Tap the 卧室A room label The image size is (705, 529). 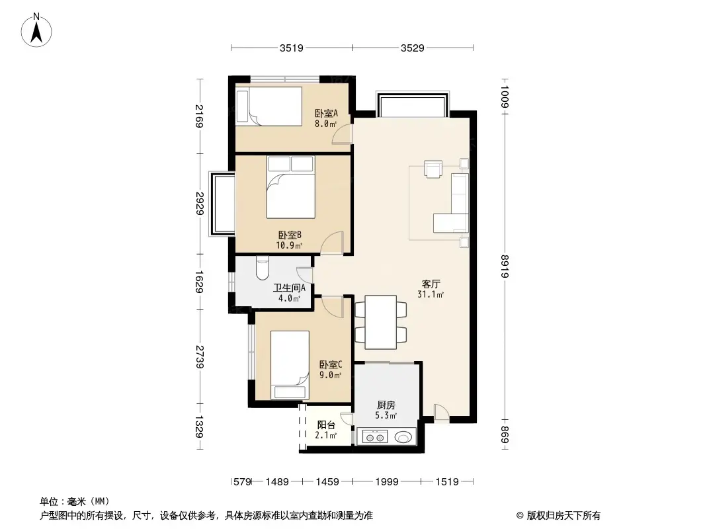tap(325, 117)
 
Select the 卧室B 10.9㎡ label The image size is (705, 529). tap(290, 239)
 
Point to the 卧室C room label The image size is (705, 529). tap(330, 369)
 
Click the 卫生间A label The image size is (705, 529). tap(289, 292)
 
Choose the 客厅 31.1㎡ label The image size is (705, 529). tap(431, 289)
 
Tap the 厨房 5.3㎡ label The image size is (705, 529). tap(386, 410)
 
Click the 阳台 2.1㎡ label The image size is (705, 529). tap(326, 430)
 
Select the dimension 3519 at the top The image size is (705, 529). tap(291, 48)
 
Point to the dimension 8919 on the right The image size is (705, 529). tap(505, 267)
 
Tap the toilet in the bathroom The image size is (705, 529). tap(262, 270)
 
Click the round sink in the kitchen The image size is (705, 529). tap(402, 436)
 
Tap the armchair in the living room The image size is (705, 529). tap(433, 170)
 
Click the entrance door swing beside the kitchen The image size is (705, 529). tap(441, 412)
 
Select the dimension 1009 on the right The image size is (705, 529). tap(505, 97)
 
